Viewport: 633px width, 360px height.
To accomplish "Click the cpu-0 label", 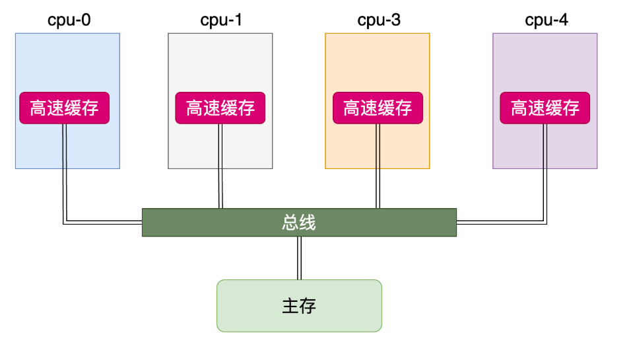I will click(69, 20).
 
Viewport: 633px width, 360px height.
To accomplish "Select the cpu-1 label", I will click(221, 20).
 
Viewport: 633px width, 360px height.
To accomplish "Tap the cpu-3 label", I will click(379, 20).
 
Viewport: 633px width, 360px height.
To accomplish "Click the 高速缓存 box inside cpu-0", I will click(64, 108).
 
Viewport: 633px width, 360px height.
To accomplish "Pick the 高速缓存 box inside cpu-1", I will click(220, 108).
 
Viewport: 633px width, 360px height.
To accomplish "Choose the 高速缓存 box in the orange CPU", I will click(378, 108).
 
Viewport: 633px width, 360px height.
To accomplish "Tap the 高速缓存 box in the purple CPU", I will click(545, 108).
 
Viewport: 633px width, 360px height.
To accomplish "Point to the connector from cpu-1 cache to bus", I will click(220, 165).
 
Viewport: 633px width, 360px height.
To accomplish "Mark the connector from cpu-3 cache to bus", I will click(378, 165).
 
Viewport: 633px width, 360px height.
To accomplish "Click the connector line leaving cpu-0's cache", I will click(64, 172).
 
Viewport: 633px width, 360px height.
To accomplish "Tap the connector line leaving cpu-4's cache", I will click(545, 172).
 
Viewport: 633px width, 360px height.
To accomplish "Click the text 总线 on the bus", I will click(299, 223).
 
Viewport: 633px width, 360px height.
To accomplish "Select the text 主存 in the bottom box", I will click(299, 306).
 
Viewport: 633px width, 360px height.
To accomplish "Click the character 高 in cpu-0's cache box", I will click(39, 108).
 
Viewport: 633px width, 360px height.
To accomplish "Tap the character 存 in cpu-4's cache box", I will click(572, 108).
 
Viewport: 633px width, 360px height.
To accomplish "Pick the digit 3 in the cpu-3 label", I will click(395, 20).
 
